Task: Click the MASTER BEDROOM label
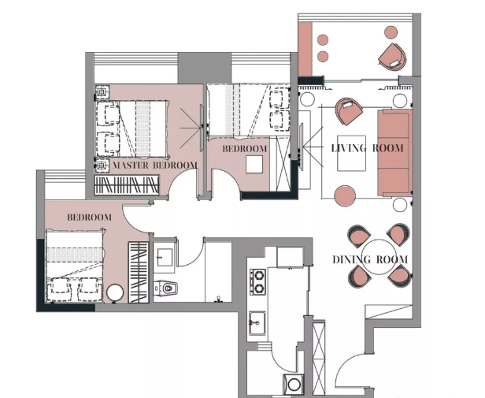click(x=154, y=166)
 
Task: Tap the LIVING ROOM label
click(x=367, y=148)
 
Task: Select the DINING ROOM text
click(x=370, y=259)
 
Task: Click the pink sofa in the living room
click(x=395, y=153)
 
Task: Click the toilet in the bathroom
click(x=166, y=288)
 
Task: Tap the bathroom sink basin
click(x=165, y=257)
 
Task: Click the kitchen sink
click(x=257, y=323)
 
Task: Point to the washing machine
click(x=294, y=384)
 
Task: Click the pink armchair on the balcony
click(x=393, y=58)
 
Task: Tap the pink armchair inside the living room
click(x=349, y=111)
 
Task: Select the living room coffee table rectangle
click(x=351, y=153)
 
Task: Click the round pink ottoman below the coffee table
click(x=345, y=195)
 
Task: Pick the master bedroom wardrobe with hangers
click(x=127, y=185)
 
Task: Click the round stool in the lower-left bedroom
click(x=115, y=292)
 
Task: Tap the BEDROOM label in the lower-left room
click(x=90, y=218)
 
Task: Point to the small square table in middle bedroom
click(x=254, y=164)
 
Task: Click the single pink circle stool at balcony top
click(x=391, y=32)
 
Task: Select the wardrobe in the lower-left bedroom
click(x=139, y=272)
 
